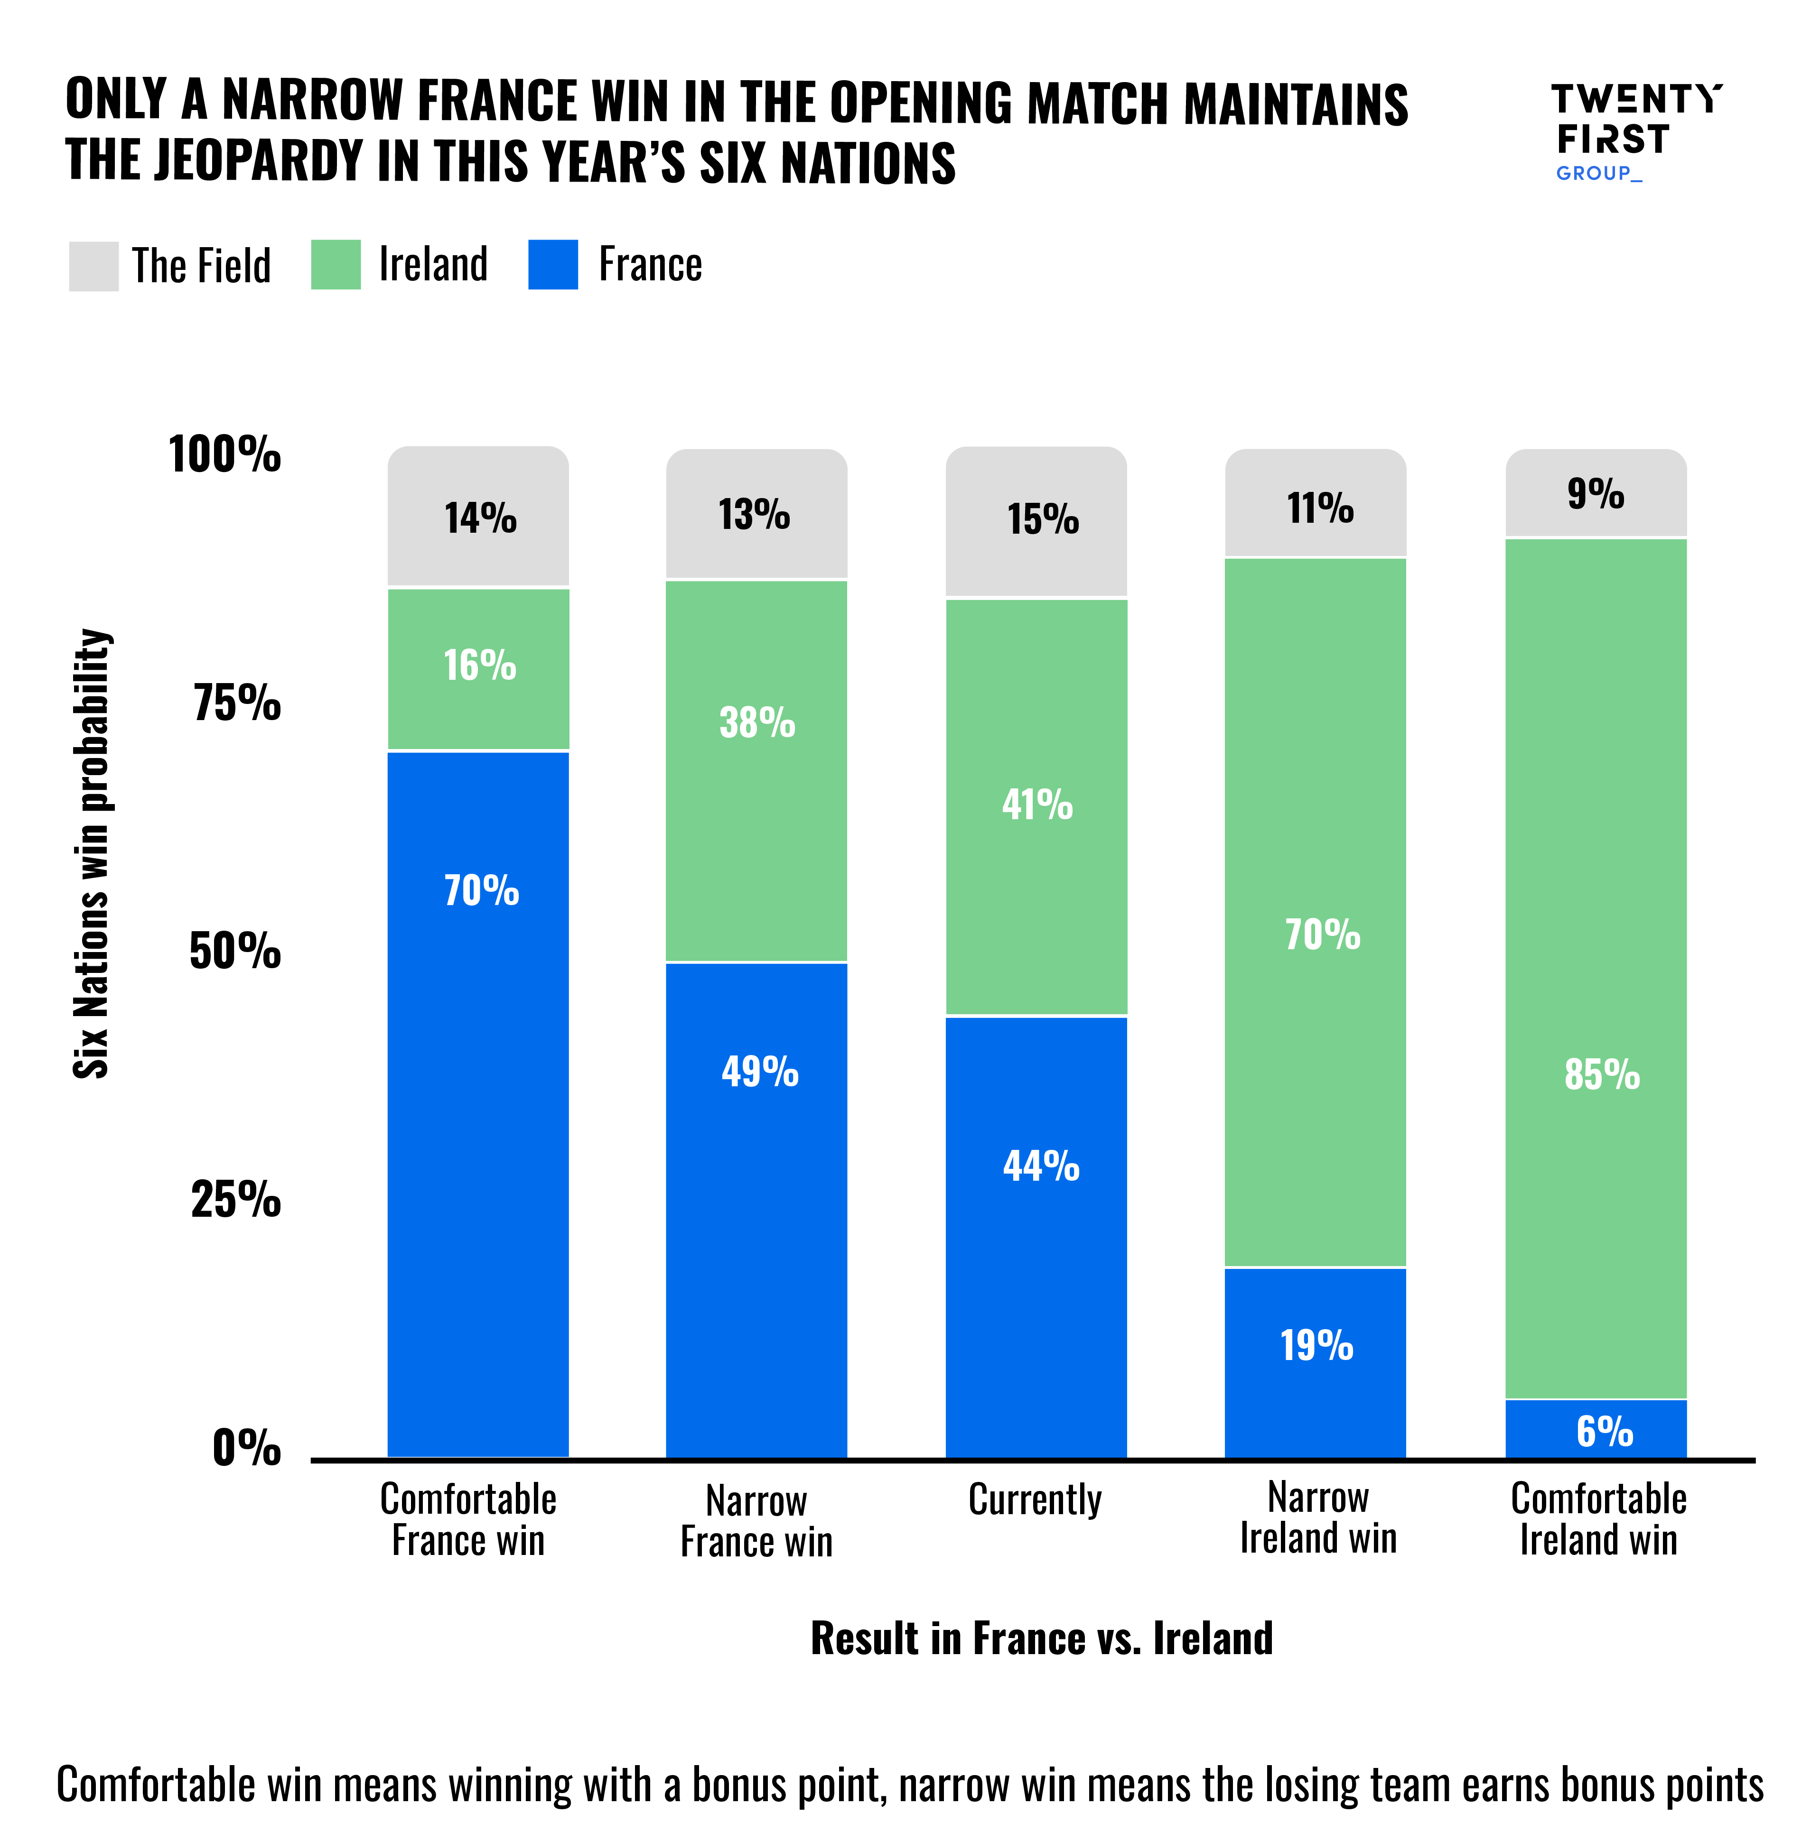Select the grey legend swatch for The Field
point(93,266)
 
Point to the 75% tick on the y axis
point(237,703)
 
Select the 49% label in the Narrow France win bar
point(759,1072)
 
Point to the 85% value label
point(1601,1074)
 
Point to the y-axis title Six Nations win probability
point(92,853)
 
